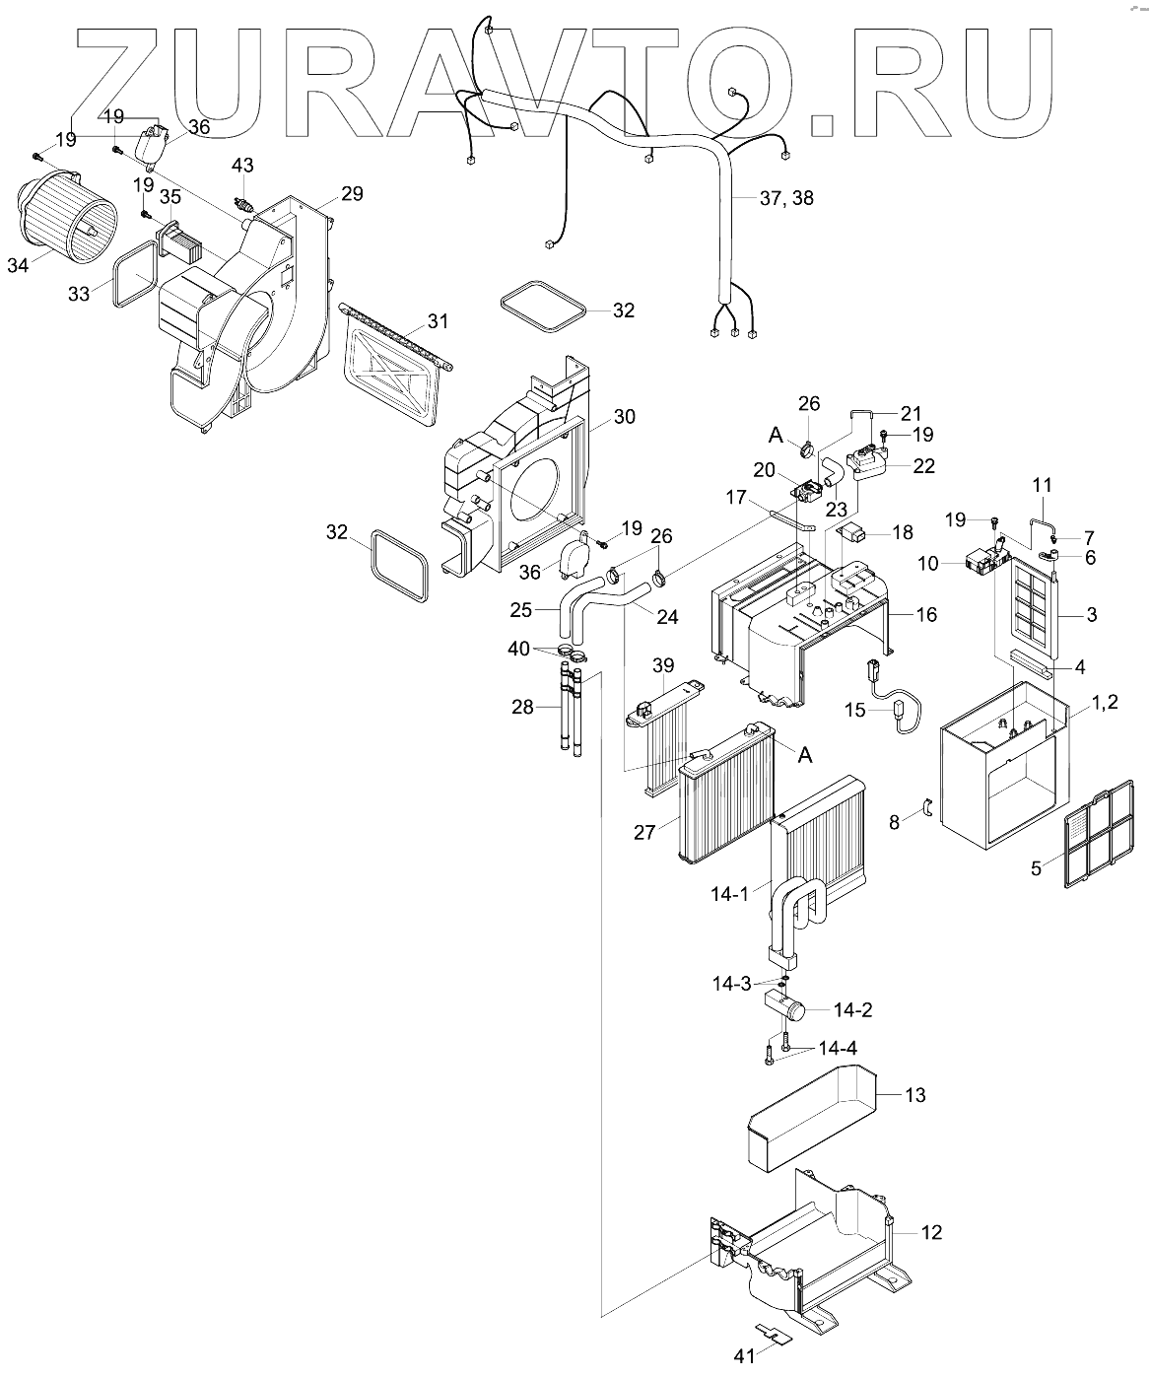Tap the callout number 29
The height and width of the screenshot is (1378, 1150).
pos(352,193)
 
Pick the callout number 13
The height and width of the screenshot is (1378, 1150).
pos(914,1095)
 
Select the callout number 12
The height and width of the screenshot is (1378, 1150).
pos(931,1232)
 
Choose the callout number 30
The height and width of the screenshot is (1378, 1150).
pos(623,417)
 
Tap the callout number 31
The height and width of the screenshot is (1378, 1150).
pos(437,321)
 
